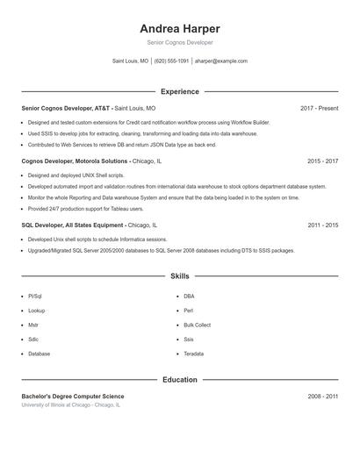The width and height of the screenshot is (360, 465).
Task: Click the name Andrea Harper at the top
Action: (x=179, y=29)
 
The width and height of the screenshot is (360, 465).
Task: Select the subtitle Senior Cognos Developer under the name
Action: (x=179, y=42)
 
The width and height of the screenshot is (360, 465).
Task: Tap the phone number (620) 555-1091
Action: (x=171, y=61)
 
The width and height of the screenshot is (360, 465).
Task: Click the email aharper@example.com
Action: (x=220, y=61)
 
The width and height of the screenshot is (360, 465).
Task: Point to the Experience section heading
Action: (x=179, y=91)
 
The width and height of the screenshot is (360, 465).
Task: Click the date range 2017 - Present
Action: (x=319, y=109)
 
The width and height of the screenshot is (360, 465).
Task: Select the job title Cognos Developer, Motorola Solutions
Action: (x=76, y=161)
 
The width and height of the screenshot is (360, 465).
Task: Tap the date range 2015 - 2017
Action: (x=322, y=161)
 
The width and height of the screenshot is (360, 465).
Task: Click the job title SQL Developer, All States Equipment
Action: (x=76, y=225)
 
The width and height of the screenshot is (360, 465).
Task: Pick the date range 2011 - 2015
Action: (x=322, y=225)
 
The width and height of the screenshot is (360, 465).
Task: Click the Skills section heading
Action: (x=179, y=276)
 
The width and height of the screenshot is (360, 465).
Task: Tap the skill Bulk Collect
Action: (x=197, y=325)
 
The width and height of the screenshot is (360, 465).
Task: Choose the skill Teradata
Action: (x=193, y=354)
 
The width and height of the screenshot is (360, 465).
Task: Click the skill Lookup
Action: (x=36, y=311)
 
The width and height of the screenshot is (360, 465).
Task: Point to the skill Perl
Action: (x=188, y=311)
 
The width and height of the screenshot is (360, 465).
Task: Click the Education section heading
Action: (x=179, y=380)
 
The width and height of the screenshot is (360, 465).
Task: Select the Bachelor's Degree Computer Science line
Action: (x=73, y=397)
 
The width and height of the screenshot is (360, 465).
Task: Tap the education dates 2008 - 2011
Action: (x=322, y=397)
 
